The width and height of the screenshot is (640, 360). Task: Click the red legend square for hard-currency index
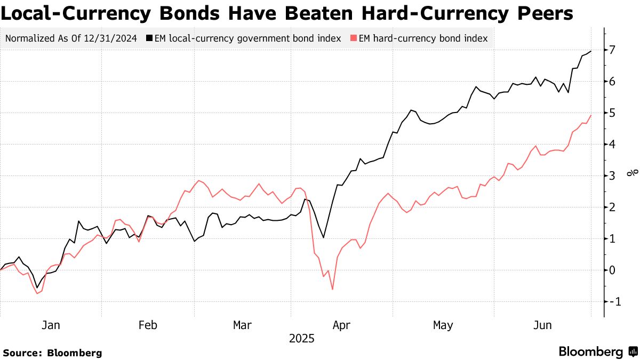(x=353, y=38)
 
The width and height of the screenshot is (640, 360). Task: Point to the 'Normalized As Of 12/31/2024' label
(x=71, y=38)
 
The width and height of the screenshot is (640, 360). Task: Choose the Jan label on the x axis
(x=51, y=325)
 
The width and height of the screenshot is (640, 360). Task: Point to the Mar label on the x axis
(x=243, y=325)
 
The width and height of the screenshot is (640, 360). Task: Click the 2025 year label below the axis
(x=301, y=339)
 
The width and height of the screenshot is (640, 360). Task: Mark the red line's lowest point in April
(x=333, y=290)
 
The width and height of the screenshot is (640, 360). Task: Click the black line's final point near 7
(x=591, y=51)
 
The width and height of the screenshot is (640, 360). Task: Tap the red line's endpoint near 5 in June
(x=591, y=115)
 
